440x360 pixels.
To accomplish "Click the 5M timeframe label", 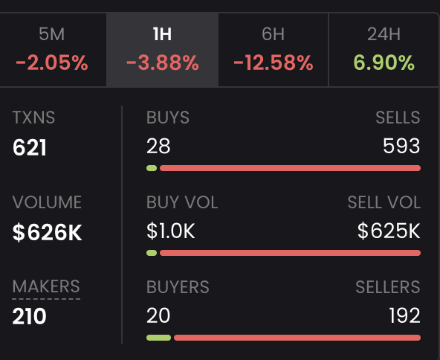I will pyautogui.click(x=52, y=34).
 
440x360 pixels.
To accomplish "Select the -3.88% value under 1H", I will pyautogui.click(x=162, y=62).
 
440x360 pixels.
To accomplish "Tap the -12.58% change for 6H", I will pyautogui.click(x=273, y=62).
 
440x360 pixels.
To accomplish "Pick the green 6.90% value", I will pyautogui.click(x=384, y=62).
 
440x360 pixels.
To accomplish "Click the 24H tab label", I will pyautogui.click(x=384, y=34).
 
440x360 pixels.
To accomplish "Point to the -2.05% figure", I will pyautogui.click(x=52, y=62).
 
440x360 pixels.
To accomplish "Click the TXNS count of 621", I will pyautogui.click(x=30, y=147).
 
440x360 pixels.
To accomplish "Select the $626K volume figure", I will pyautogui.click(x=48, y=232).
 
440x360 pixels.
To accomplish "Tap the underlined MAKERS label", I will pyautogui.click(x=46, y=286).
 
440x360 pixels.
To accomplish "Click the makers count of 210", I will pyautogui.click(x=30, y=317).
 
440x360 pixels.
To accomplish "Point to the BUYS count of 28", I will pyautogui.click(x=158, y=147).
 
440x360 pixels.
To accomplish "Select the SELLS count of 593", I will pyautogui.click(x=401, y=147).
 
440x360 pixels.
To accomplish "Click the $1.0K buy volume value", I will pyautogui.click(x=171, y=231).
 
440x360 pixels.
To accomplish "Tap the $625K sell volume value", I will pyautogui.click(x=389, y=231).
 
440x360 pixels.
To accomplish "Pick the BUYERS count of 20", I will pyautogui.click(x=158, y=316).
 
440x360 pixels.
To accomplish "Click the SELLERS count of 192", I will pyautogui.click(x=404, y=316).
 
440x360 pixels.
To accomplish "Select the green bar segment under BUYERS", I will pyautogui.click(x=158, y=338).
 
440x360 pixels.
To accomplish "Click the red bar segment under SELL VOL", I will pyautogui.click(x=290, y=253).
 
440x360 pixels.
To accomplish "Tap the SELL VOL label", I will pyautogui.click(x=384, y=202).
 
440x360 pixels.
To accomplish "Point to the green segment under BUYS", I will pyautogui.click(x=152, y=168).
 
